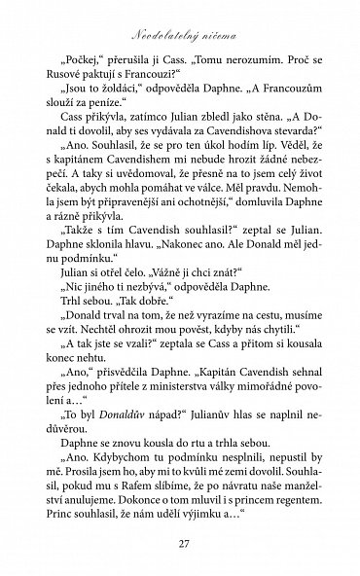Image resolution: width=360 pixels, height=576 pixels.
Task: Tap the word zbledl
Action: (x=206, y=142)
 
